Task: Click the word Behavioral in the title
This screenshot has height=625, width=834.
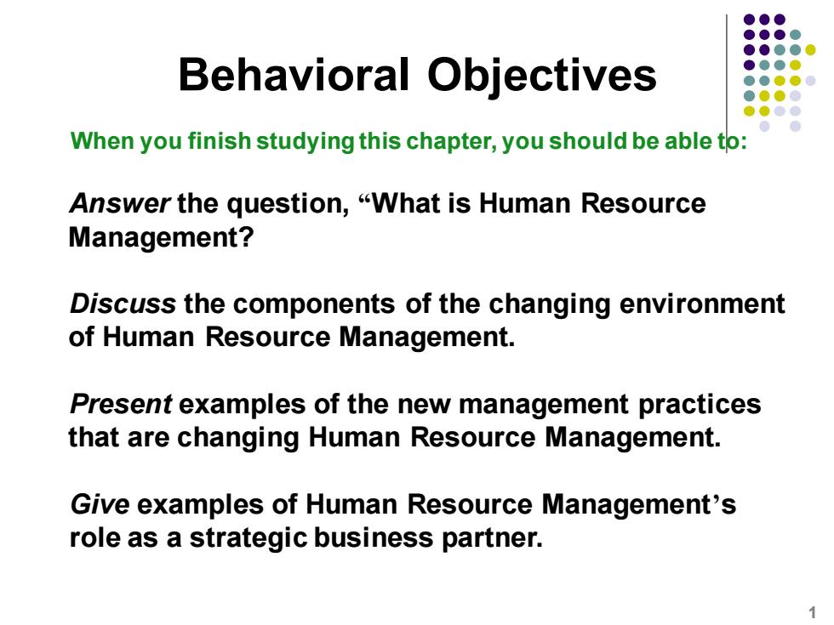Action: (294, 75)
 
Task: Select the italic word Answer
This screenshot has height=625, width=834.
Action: (120, 203)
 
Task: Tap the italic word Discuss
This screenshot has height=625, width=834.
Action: (123, 304)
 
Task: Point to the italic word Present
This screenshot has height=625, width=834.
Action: (121, 404)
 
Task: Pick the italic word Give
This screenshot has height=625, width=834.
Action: (100, 504)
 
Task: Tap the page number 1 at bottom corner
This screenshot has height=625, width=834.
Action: (812, 612)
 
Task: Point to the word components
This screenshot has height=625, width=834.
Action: (314, 305)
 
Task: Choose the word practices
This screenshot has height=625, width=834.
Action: (700, 405)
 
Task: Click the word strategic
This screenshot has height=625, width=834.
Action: (248, 538)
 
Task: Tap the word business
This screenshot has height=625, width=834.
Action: (374, 537)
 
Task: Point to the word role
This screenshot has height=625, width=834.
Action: (94, 537)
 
